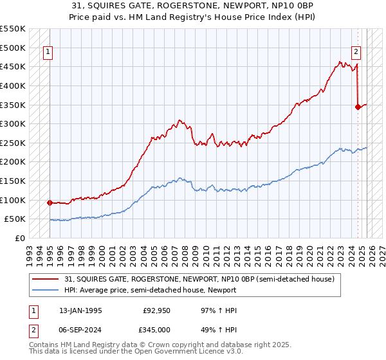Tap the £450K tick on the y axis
click(13, 67)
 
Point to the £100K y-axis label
click(13, 200)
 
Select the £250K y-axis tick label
click(13, 143)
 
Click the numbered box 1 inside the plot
click(48, 53)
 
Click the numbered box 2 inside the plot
click(356, 53)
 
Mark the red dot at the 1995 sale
click(50, 203)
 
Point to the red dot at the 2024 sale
click(358, 107)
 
